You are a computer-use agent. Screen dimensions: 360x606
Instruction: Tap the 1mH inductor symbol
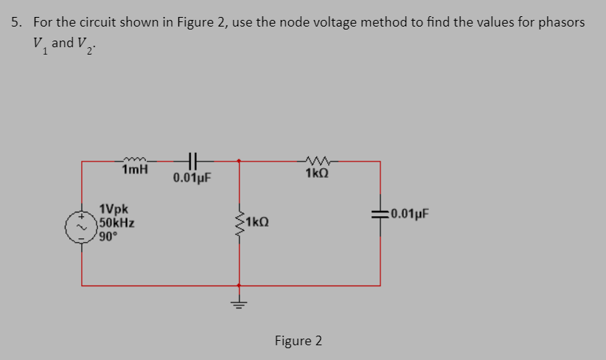pos(135,158)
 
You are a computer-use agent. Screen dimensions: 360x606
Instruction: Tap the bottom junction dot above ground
pos(238,284)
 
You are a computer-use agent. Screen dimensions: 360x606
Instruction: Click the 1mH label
pos(135,170)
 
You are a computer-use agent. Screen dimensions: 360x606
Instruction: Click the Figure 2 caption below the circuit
pos(298,341)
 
